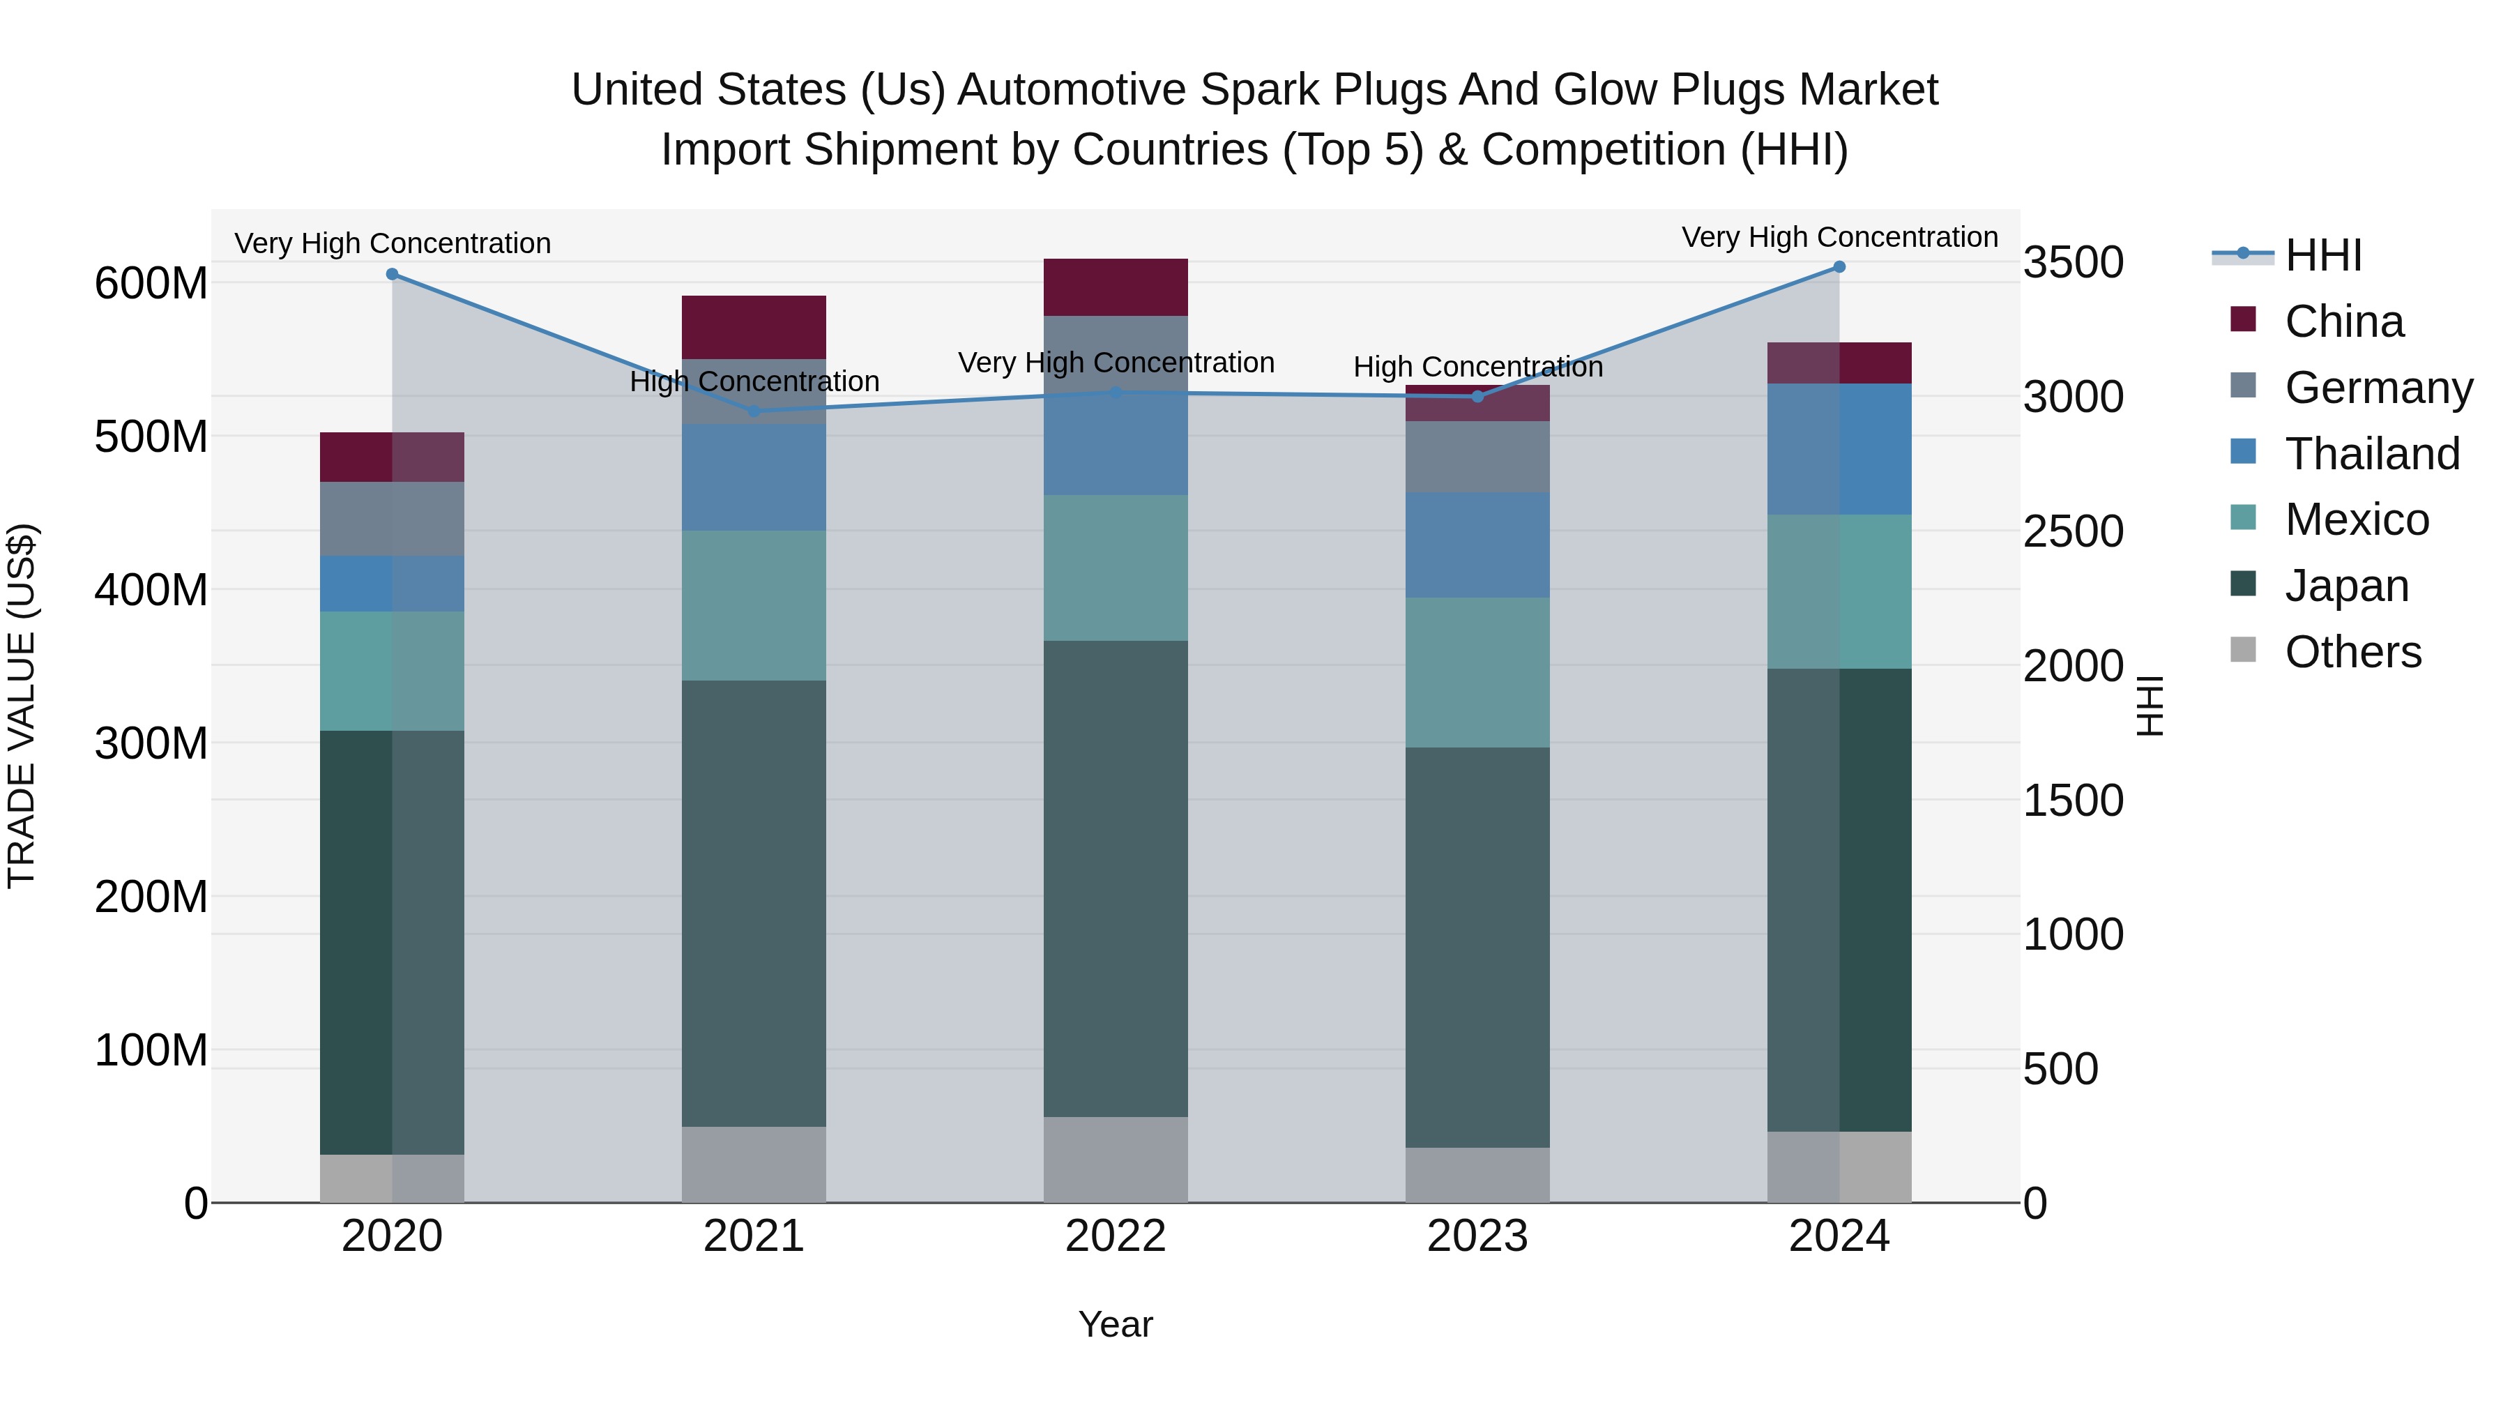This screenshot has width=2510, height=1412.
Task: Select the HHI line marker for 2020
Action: point(392,275)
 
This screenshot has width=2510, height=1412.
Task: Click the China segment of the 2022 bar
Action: point(1115,287)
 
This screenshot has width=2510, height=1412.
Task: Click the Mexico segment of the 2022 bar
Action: point(1115,568)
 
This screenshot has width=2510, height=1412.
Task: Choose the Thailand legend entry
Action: point(2372,454)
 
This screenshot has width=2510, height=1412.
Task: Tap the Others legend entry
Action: point(2352,652)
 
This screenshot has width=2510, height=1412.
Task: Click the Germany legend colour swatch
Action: point(2242,385)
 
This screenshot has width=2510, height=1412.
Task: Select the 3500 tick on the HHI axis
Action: point(2074,262)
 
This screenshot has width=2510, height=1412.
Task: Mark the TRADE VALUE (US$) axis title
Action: point(22,706)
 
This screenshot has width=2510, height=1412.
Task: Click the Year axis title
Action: point(1115,1324)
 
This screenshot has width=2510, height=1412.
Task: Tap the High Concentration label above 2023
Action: point(1477,367)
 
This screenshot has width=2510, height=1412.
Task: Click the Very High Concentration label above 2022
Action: point(1116,363)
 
